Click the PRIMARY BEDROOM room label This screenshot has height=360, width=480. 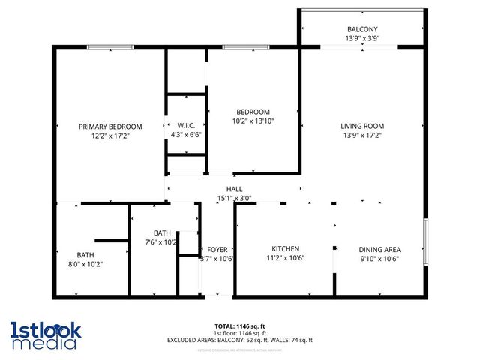click(110, 127)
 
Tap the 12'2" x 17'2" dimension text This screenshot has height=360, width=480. click(110, 136)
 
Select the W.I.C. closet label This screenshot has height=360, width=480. click(186, 125)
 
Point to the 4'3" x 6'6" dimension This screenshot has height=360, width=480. click(186, 135)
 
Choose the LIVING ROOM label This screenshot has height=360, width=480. click(362, 126)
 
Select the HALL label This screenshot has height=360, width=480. click(234, 189)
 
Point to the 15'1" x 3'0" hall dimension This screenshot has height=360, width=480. click(234, 199)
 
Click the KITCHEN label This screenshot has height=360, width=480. click(286, 248)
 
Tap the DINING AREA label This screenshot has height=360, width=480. click(379, 249)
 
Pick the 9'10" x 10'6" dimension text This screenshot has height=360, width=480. click(379, 259)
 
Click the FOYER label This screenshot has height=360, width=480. click(217, 249)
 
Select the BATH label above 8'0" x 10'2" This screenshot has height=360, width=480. click(85, 254)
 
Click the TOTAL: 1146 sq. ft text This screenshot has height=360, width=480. click(239, 325)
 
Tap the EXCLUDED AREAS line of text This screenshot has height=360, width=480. click(239, 340)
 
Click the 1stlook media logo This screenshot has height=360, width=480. click(45, 335)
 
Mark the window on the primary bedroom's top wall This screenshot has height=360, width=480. click(110, 48)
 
